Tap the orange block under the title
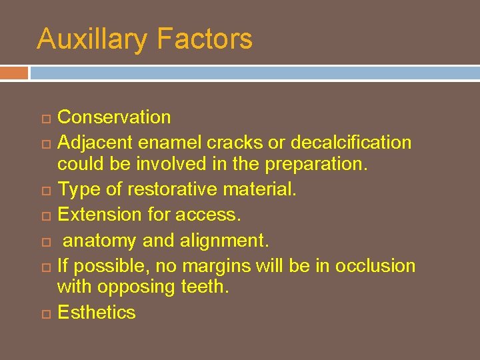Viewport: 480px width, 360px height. click(x=14, y=72)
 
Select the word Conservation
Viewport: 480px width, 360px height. click(x=114, y=117)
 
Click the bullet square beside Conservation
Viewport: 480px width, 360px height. click(x=44, y=119)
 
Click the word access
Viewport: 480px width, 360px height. click(x=216, y=215)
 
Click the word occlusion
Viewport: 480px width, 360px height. click(x=375, y=265)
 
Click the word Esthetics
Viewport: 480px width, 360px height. click(x=97, y=312)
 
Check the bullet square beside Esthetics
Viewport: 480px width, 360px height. click(x=44, y=313)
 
